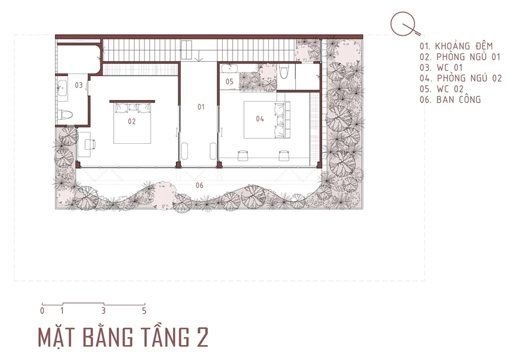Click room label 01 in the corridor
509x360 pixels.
201,107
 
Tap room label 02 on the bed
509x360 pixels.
132,122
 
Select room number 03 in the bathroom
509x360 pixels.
79,85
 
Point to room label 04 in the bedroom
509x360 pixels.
260,119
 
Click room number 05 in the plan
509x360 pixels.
229,81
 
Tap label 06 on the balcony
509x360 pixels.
199,185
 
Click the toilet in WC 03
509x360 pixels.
65,114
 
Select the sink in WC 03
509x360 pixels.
62,87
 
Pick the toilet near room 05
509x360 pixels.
284,71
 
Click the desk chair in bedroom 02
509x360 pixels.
90,144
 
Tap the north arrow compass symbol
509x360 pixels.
404,24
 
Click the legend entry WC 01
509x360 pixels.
441,68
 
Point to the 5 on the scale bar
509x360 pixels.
144,311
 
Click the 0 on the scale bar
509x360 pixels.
42,311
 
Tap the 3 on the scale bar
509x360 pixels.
103,311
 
